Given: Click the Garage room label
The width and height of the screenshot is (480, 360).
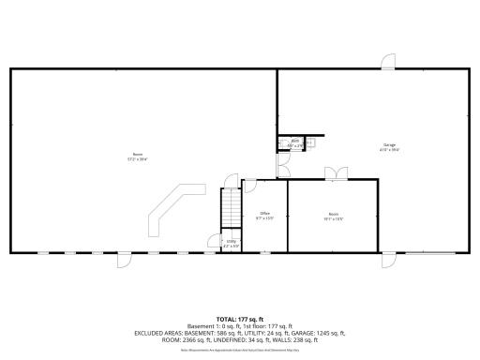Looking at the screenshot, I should click(388, 145).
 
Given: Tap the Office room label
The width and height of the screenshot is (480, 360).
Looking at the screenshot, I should click(264, 215).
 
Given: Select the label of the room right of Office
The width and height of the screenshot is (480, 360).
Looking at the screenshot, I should click(334, 217).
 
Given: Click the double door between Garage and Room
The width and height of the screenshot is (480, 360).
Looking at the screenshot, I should click(335, 174).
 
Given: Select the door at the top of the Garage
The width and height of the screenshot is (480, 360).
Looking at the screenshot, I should click(387, 62).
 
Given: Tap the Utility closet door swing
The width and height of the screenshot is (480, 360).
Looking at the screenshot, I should click(215, 243).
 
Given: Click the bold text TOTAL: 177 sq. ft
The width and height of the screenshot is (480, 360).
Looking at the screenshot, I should click(240, 319).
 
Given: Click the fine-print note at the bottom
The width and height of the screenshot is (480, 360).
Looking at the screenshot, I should click(240, 349).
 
